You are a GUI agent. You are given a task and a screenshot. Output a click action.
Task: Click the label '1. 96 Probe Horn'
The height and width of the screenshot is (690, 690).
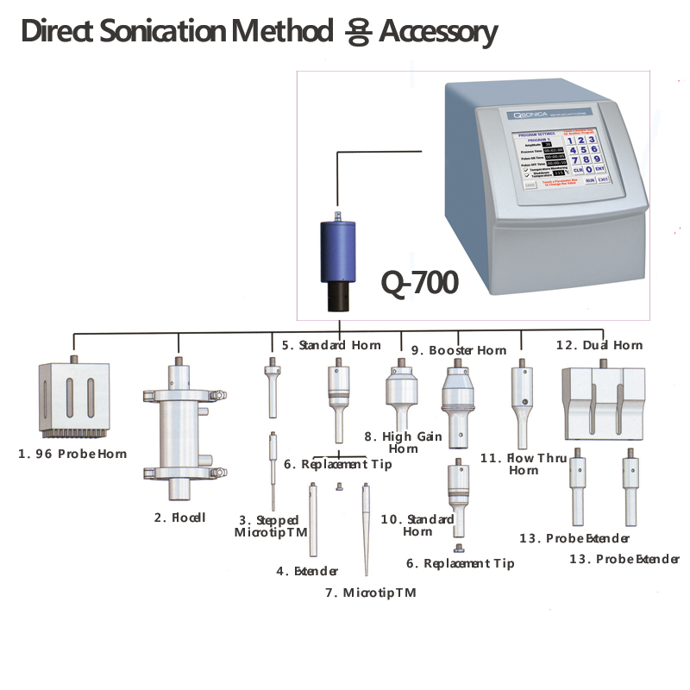[x=72, y=454]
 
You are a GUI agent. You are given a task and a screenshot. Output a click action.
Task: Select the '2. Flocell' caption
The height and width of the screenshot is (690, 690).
[x=179, y=517]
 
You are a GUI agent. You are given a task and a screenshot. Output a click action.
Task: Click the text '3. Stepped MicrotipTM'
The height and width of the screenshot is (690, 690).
[x=268, y=526]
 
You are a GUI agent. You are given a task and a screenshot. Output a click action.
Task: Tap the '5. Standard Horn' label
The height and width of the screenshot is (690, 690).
[x=330, y=345]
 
